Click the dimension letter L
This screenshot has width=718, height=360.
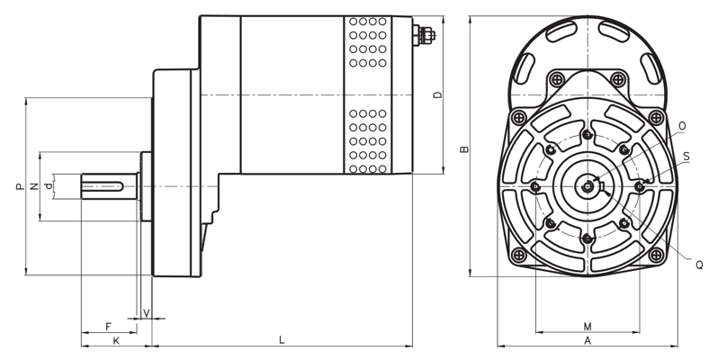(x=282, y=339)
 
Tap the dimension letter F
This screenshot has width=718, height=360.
(x=108, y=326)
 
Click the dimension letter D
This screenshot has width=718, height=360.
(x=437, y=94)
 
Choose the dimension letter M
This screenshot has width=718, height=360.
(x=587, y=326)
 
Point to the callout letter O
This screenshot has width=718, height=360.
(x=682, y=125)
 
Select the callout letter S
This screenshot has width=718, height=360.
(x=687, y=156)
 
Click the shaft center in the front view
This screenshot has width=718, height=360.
(x=588, y=186)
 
